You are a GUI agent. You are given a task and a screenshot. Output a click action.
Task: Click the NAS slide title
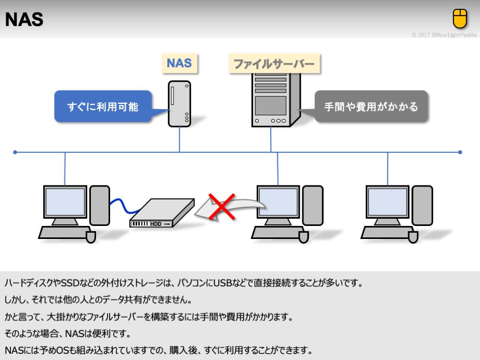[x=24, y=20]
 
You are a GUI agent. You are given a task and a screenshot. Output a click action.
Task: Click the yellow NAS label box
[x=179, y=63]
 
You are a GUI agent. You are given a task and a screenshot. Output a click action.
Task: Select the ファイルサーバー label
[x=274, y=64]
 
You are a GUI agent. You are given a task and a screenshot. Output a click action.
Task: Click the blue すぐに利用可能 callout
[x=103, y=108]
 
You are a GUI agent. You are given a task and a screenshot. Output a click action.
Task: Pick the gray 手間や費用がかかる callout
[x=371, y=107]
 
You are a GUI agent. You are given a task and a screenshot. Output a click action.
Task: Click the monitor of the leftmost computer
[x=65, y=203]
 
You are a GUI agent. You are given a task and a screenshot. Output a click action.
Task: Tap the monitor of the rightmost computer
[x=388, y=203]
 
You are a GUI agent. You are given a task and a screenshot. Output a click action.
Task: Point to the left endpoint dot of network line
[x=15, y=152]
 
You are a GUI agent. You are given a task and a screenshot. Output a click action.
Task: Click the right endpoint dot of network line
[x=460, y=152]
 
